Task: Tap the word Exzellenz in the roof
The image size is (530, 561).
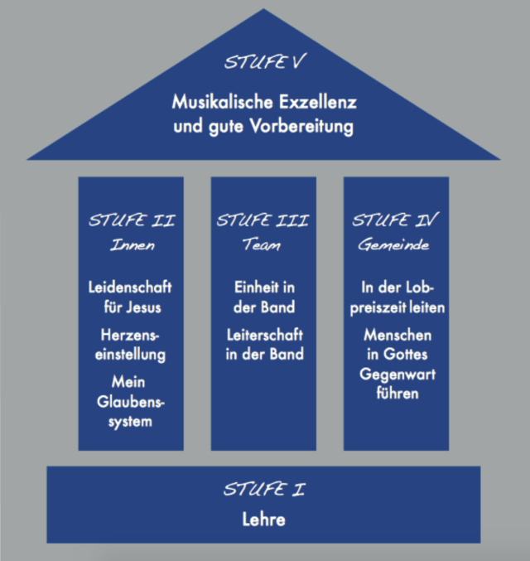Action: pyautogui.click(x=316, y=104)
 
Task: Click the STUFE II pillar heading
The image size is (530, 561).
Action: pyautogui.click(x=131, y=221)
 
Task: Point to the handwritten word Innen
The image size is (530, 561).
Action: pyautogui.click(x=131, y=245)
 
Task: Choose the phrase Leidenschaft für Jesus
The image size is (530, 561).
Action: pyautogui.click(x=131, y=297)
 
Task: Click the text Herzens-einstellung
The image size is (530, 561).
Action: pyautogui.click(x=131, y=346)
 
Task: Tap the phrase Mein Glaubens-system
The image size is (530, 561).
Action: pyautogui.click(x=131, y=402)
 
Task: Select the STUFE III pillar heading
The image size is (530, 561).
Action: pyautogui.click(x=263, y=221)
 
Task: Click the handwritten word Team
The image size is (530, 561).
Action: pyautogui.click(x=263, y=245)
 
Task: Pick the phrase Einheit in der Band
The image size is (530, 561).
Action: pyautogui.click(x=263, y=297)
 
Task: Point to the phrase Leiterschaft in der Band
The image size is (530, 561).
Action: pyautogui.click(x=263, y=344)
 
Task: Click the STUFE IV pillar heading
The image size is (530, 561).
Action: pyautogui.click(x=396, y=221)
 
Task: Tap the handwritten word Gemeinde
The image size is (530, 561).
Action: pyautogui.click(x=396, y=245)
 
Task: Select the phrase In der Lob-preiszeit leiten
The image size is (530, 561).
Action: pyautogui.click(x=396, y=297)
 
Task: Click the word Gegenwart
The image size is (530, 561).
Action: pyautogui.click(x=396, y=375)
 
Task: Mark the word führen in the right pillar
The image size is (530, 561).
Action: pyautogui.click(x=396, y=394)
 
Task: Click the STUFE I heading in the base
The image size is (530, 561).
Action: pyautogui.click(x=263, y=490)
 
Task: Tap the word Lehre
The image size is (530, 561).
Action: pyautogui.click(x=263, y=520)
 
